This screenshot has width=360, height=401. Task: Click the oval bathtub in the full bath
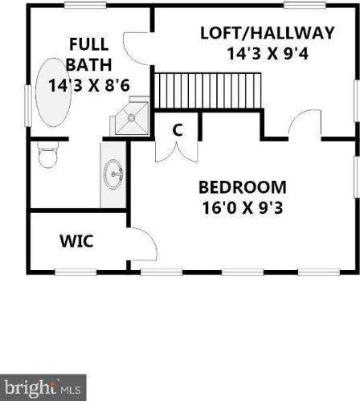click(x=53, y=92)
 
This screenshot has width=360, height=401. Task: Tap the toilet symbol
click(x=47, y=155)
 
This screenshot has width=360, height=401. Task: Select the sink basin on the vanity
click(x=113, y=174)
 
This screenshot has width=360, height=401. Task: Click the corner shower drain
click(x=131, y=117)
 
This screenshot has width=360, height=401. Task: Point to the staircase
click(x=208, y=91)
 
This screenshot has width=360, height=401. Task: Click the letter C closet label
click(x=177, y=130)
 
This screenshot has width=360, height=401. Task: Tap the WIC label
click(x=76, y=241)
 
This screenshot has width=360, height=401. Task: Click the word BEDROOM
click(x=243, y=187)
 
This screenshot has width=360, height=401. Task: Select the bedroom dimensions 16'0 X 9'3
click(x=243, y=208)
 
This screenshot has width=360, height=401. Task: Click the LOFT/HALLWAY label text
click(x=268, y=33)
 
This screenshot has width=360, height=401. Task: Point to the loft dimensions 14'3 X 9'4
click(x=268, y=53)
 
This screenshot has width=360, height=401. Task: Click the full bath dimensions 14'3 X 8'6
click(x=89, y=86)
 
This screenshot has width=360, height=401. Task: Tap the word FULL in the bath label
click(x=89, y=44)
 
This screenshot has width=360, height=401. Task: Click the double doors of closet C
click(x=177, y=153)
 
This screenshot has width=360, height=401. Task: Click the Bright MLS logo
click(x=43, y=387)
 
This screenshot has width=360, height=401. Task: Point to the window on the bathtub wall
click(x=28, y=105)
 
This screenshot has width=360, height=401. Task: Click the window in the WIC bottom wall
click(x=76, y=272)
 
